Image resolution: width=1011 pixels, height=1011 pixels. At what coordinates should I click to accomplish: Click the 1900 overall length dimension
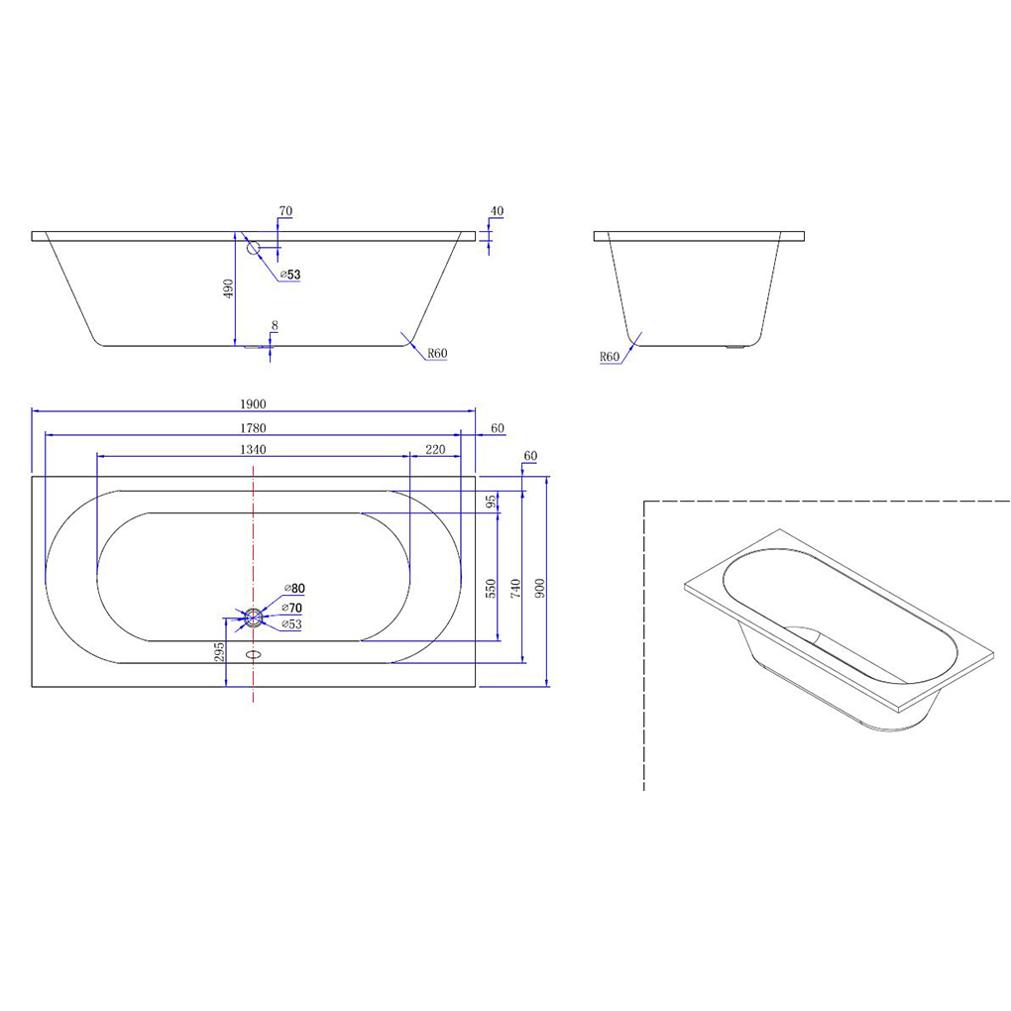(x=253, y=404)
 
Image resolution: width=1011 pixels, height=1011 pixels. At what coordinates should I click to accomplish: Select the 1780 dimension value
(x=253, y=428)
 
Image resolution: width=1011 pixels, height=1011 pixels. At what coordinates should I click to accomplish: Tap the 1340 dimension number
(x=253, y=449)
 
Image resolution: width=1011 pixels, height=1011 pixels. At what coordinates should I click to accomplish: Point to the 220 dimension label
(x=435, y=449)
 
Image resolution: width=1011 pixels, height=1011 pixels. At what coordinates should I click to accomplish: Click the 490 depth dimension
(x=228, y=288)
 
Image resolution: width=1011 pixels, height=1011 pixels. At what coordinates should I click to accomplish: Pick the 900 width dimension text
(x=539, y=588)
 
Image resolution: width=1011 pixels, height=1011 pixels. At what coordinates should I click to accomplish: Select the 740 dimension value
(x=515, y=588)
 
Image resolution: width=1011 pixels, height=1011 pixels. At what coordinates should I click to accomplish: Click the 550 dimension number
(x=491, y=588)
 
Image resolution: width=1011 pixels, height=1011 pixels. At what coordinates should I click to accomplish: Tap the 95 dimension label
(x=491, y=501)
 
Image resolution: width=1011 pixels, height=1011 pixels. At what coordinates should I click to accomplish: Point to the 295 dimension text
(x=219, y=651)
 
